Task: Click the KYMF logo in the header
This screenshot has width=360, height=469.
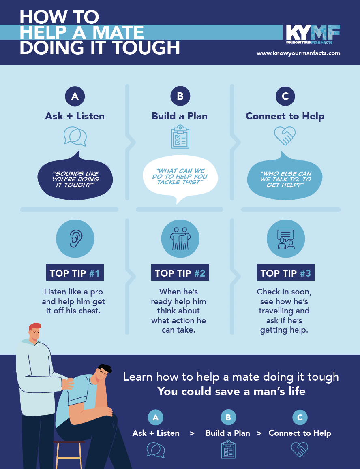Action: [313, 34]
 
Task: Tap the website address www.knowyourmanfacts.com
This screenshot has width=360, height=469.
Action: [298, 53]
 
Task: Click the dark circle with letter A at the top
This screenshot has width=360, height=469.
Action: [75, 96]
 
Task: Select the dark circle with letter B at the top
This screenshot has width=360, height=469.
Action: [180, 96]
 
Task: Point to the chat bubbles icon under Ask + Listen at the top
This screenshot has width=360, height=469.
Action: [75, 136]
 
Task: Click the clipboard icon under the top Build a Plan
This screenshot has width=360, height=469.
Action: [180, 137]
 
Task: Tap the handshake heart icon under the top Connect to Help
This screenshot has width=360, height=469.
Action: [285, 136]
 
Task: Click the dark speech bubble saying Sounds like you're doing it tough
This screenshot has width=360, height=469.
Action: [75, 177]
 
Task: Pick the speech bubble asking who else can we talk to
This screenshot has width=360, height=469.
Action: [285, 177]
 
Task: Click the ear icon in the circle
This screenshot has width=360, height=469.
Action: [75, 239]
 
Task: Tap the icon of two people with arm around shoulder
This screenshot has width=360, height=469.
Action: [180, 239]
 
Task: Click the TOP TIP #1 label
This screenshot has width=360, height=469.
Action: [75, 273]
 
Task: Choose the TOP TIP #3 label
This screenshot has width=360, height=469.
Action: [286, 273]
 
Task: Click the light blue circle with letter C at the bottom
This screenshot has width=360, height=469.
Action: [300, 417]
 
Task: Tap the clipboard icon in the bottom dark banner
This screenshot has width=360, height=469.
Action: [228, 450]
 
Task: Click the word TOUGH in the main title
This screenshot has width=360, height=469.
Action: [146, 48]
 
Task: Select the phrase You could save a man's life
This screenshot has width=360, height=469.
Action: [231, 391]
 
